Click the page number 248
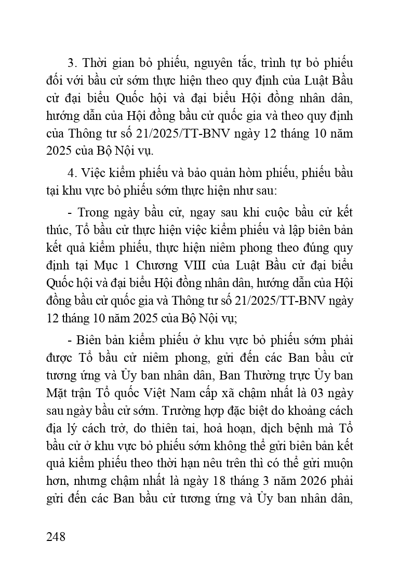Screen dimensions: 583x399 [x=56, y=536]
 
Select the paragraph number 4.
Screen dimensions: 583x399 [x=72, y=172]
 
